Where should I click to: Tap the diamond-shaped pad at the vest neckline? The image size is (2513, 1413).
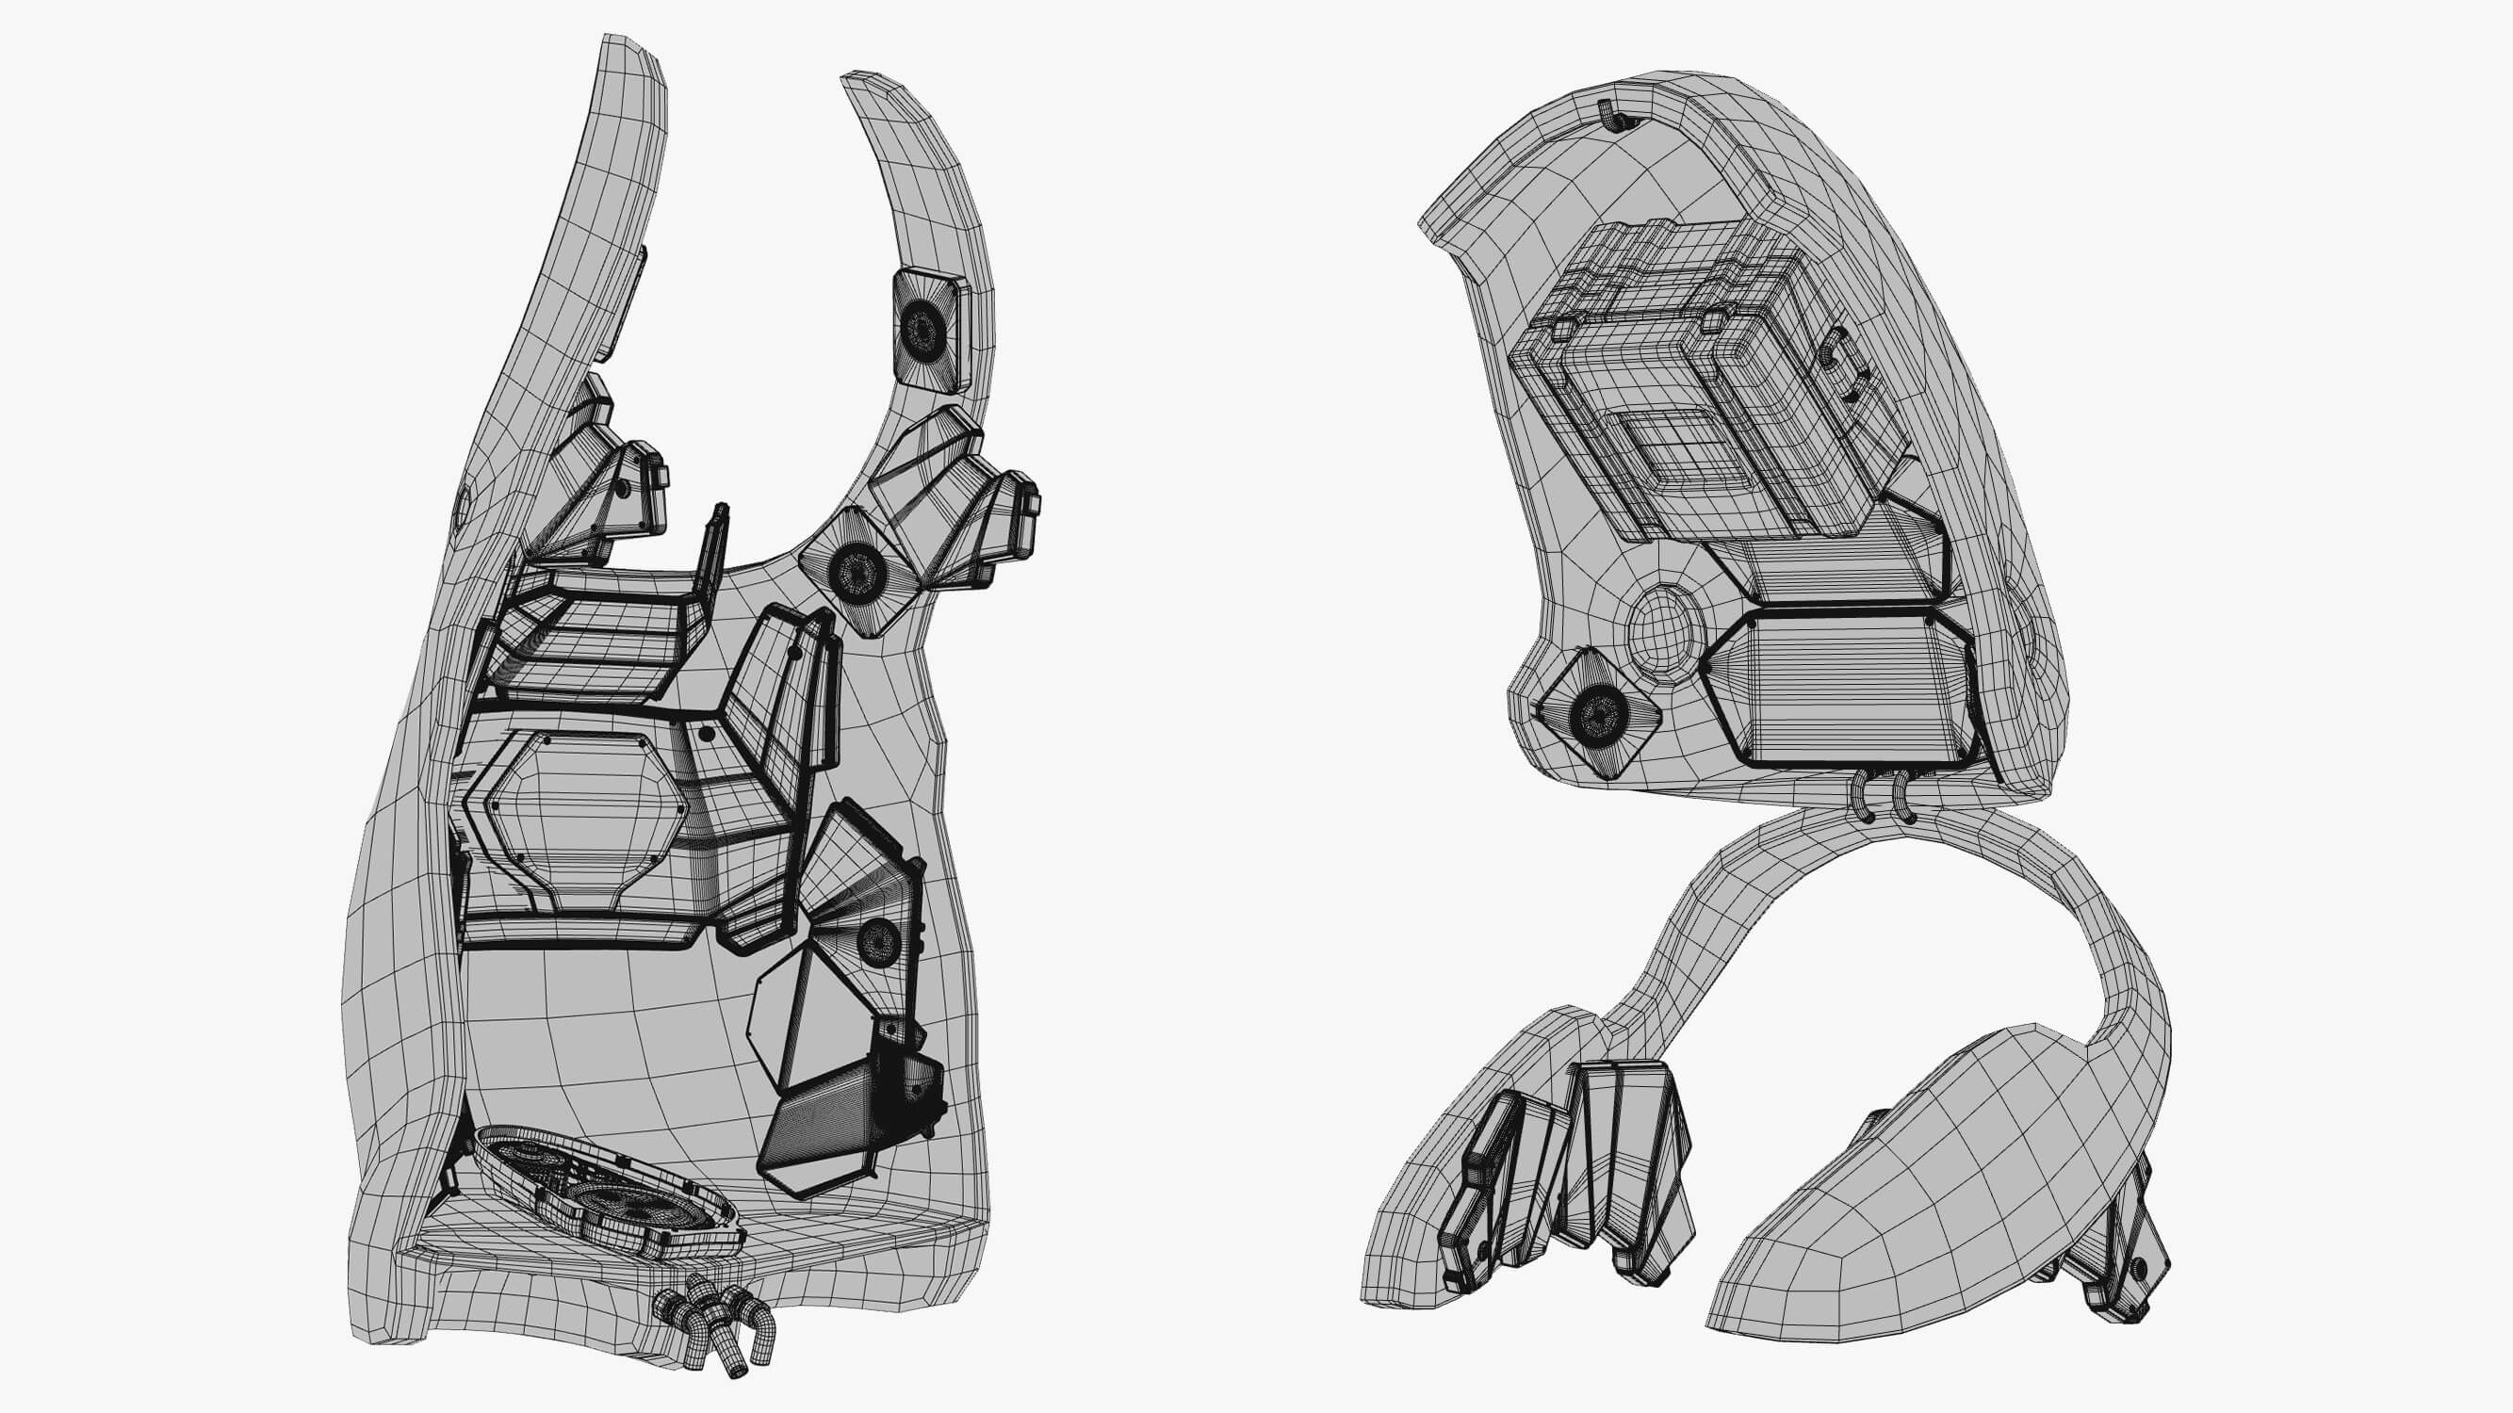tap(858, 572)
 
